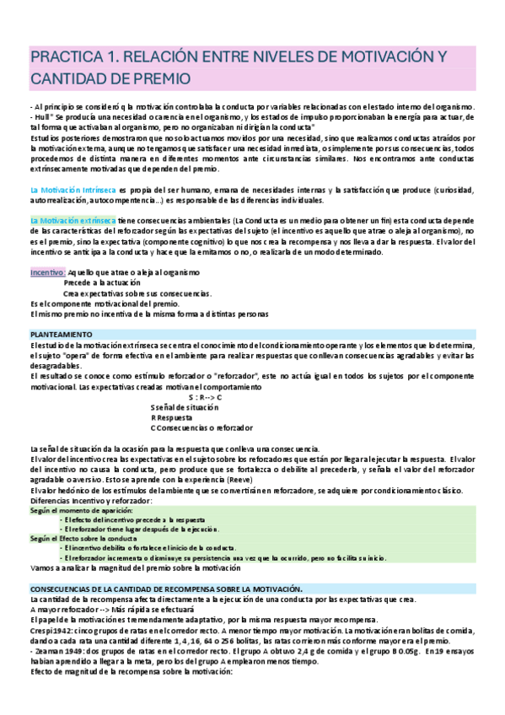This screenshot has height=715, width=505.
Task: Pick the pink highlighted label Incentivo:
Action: (x=47, y=273)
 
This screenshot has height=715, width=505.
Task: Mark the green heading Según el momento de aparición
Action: (x=84, y=511)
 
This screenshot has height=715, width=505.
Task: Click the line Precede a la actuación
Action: (x=104, y=283)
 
